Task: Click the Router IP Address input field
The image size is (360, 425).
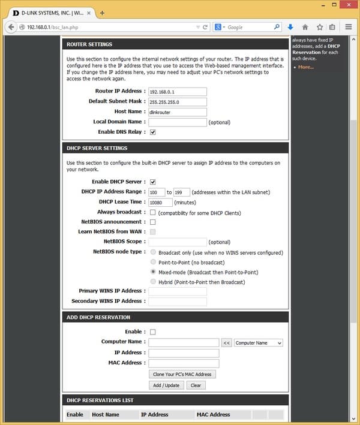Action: [178, 92]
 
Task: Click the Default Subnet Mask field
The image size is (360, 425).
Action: [178, 102]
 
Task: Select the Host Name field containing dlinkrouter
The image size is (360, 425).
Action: [178, 112]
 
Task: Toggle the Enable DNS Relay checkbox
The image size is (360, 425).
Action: [152, 132]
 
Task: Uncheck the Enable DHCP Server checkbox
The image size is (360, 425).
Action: [152, 182]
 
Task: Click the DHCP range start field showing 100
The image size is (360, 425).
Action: [157, 192]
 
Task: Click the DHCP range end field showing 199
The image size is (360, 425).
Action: [182, 192]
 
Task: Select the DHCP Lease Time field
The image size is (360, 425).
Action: [160, 203]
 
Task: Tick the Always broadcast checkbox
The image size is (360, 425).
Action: [152, 212]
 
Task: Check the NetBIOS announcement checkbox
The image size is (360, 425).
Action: [152, 222]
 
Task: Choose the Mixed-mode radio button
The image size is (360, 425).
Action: [154, 272]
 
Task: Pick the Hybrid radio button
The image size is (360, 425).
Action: [154, 282]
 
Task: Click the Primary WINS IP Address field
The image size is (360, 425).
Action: [178, 291]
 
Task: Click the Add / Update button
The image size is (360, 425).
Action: [166, 385]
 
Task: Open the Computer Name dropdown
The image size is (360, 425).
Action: [259, 343]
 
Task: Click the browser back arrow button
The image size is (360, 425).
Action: [12, 27]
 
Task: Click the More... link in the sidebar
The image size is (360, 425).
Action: [306, 67]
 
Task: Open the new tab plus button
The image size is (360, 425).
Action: [102, 13]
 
